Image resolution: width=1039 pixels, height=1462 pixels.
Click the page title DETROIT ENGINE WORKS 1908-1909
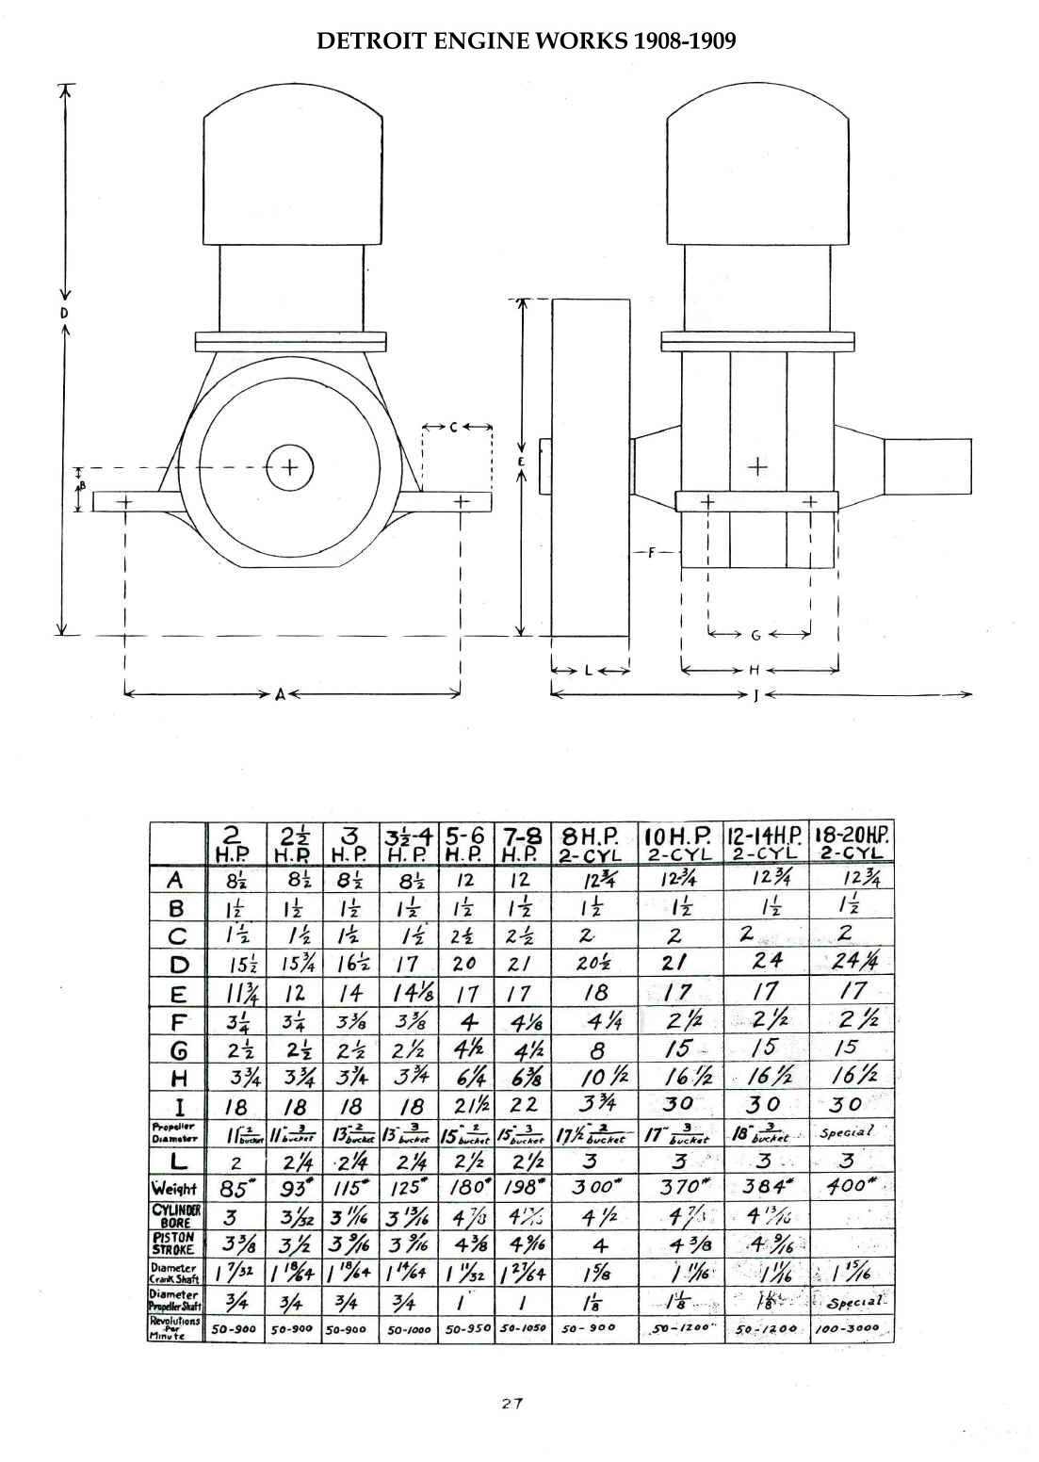pyautogui.click(x=526, y=41)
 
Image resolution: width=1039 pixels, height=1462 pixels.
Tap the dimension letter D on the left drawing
pyautogui.click(x=64, y=313)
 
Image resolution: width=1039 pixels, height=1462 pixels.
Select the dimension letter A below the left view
pyautogui.click(x=280, y=695)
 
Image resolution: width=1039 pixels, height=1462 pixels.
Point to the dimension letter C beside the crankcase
pyautogui.click(x=453, y=427)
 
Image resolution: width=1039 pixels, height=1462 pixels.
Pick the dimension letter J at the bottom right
pyautogui.click(x=755, y=696)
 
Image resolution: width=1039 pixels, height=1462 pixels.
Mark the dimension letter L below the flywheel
pyautogui.click(x=588, y=671)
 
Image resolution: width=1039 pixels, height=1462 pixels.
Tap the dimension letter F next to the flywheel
pyautogui.click(x=650, y=553)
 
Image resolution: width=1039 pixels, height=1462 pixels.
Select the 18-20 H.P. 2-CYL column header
pyautogui.click(x=852, y=842)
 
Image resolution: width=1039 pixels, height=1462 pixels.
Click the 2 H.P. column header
pyautogui.click(x=232, y=842)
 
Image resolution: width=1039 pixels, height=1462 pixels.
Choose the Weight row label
pyautogui.click(x=175, y=1188)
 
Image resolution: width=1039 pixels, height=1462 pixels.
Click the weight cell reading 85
pyautogui.click(x=234, y=1188)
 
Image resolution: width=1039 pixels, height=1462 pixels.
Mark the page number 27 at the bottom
pyautogui.click(x=512, y=1403)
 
